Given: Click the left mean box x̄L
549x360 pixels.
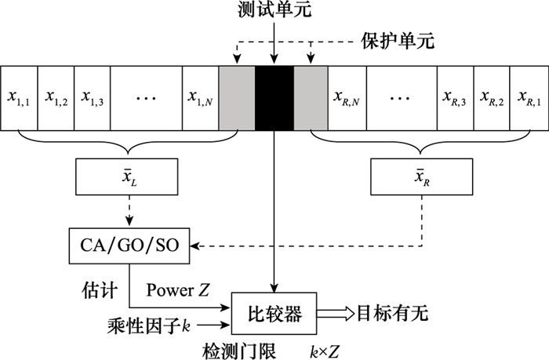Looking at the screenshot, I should click(x=128, y=178).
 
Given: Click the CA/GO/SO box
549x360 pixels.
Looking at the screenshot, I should click(x=128, y=247).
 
